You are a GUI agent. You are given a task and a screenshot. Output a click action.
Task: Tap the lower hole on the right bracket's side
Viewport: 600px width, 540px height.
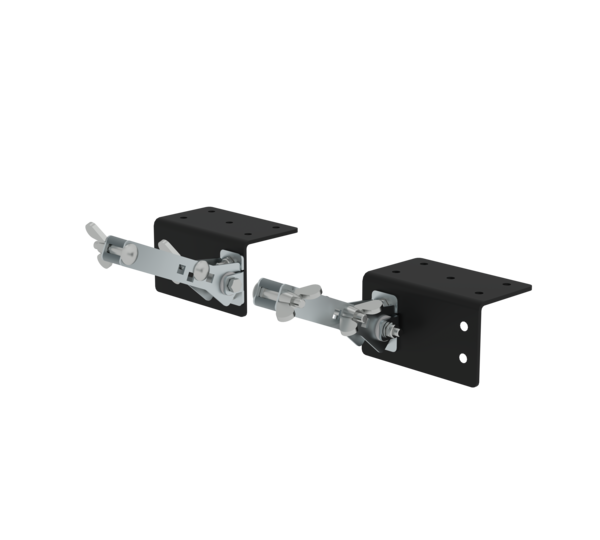[462, 357]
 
